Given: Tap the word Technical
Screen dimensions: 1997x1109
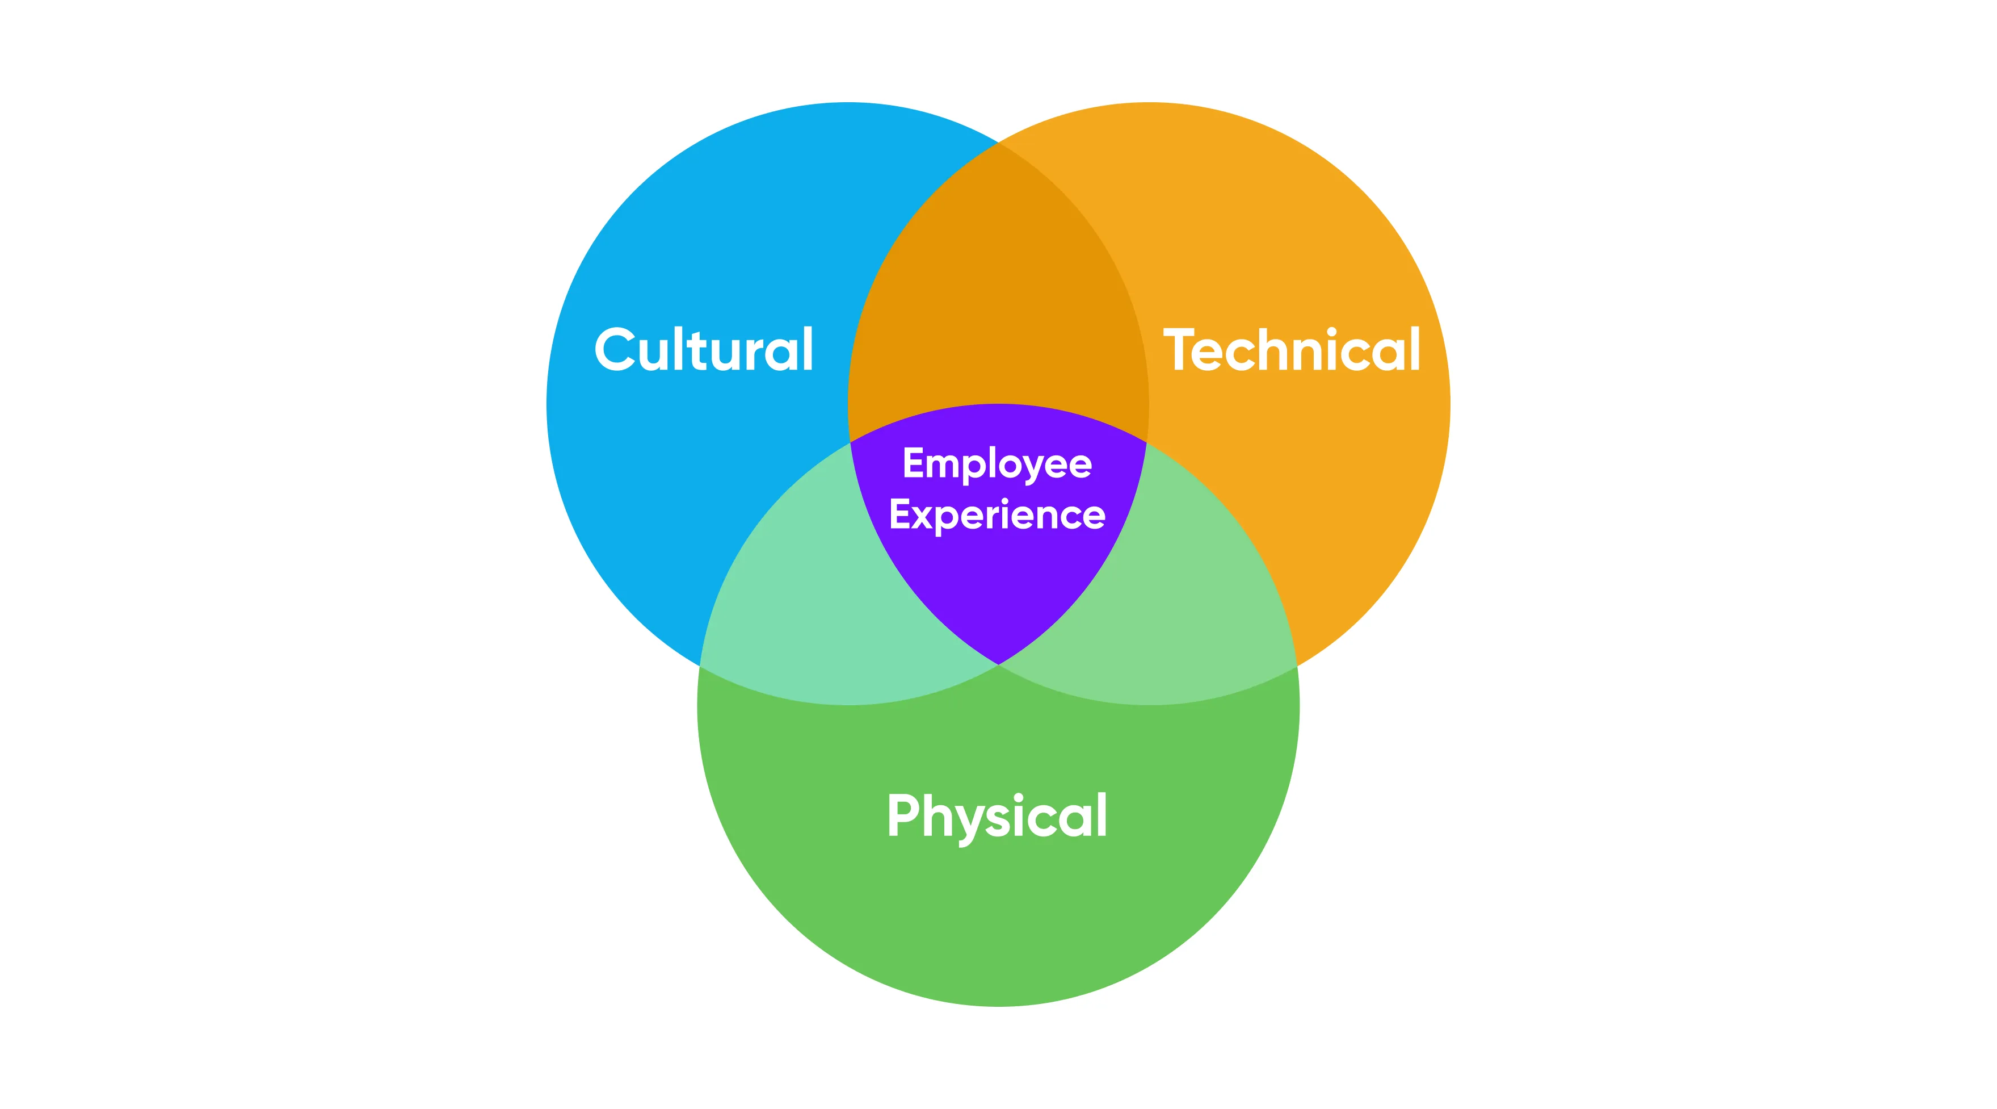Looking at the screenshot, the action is (x=1292, y=350).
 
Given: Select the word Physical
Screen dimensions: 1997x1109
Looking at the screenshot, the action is (x=998, y=816).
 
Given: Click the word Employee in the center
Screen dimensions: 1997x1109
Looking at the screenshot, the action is (x=998, y=464).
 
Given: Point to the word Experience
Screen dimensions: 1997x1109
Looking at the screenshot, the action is (x=998, y=515).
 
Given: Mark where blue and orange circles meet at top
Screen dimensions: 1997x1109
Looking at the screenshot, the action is (x=999, y=144).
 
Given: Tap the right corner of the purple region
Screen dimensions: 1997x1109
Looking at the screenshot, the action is (x=1145, y=443).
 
